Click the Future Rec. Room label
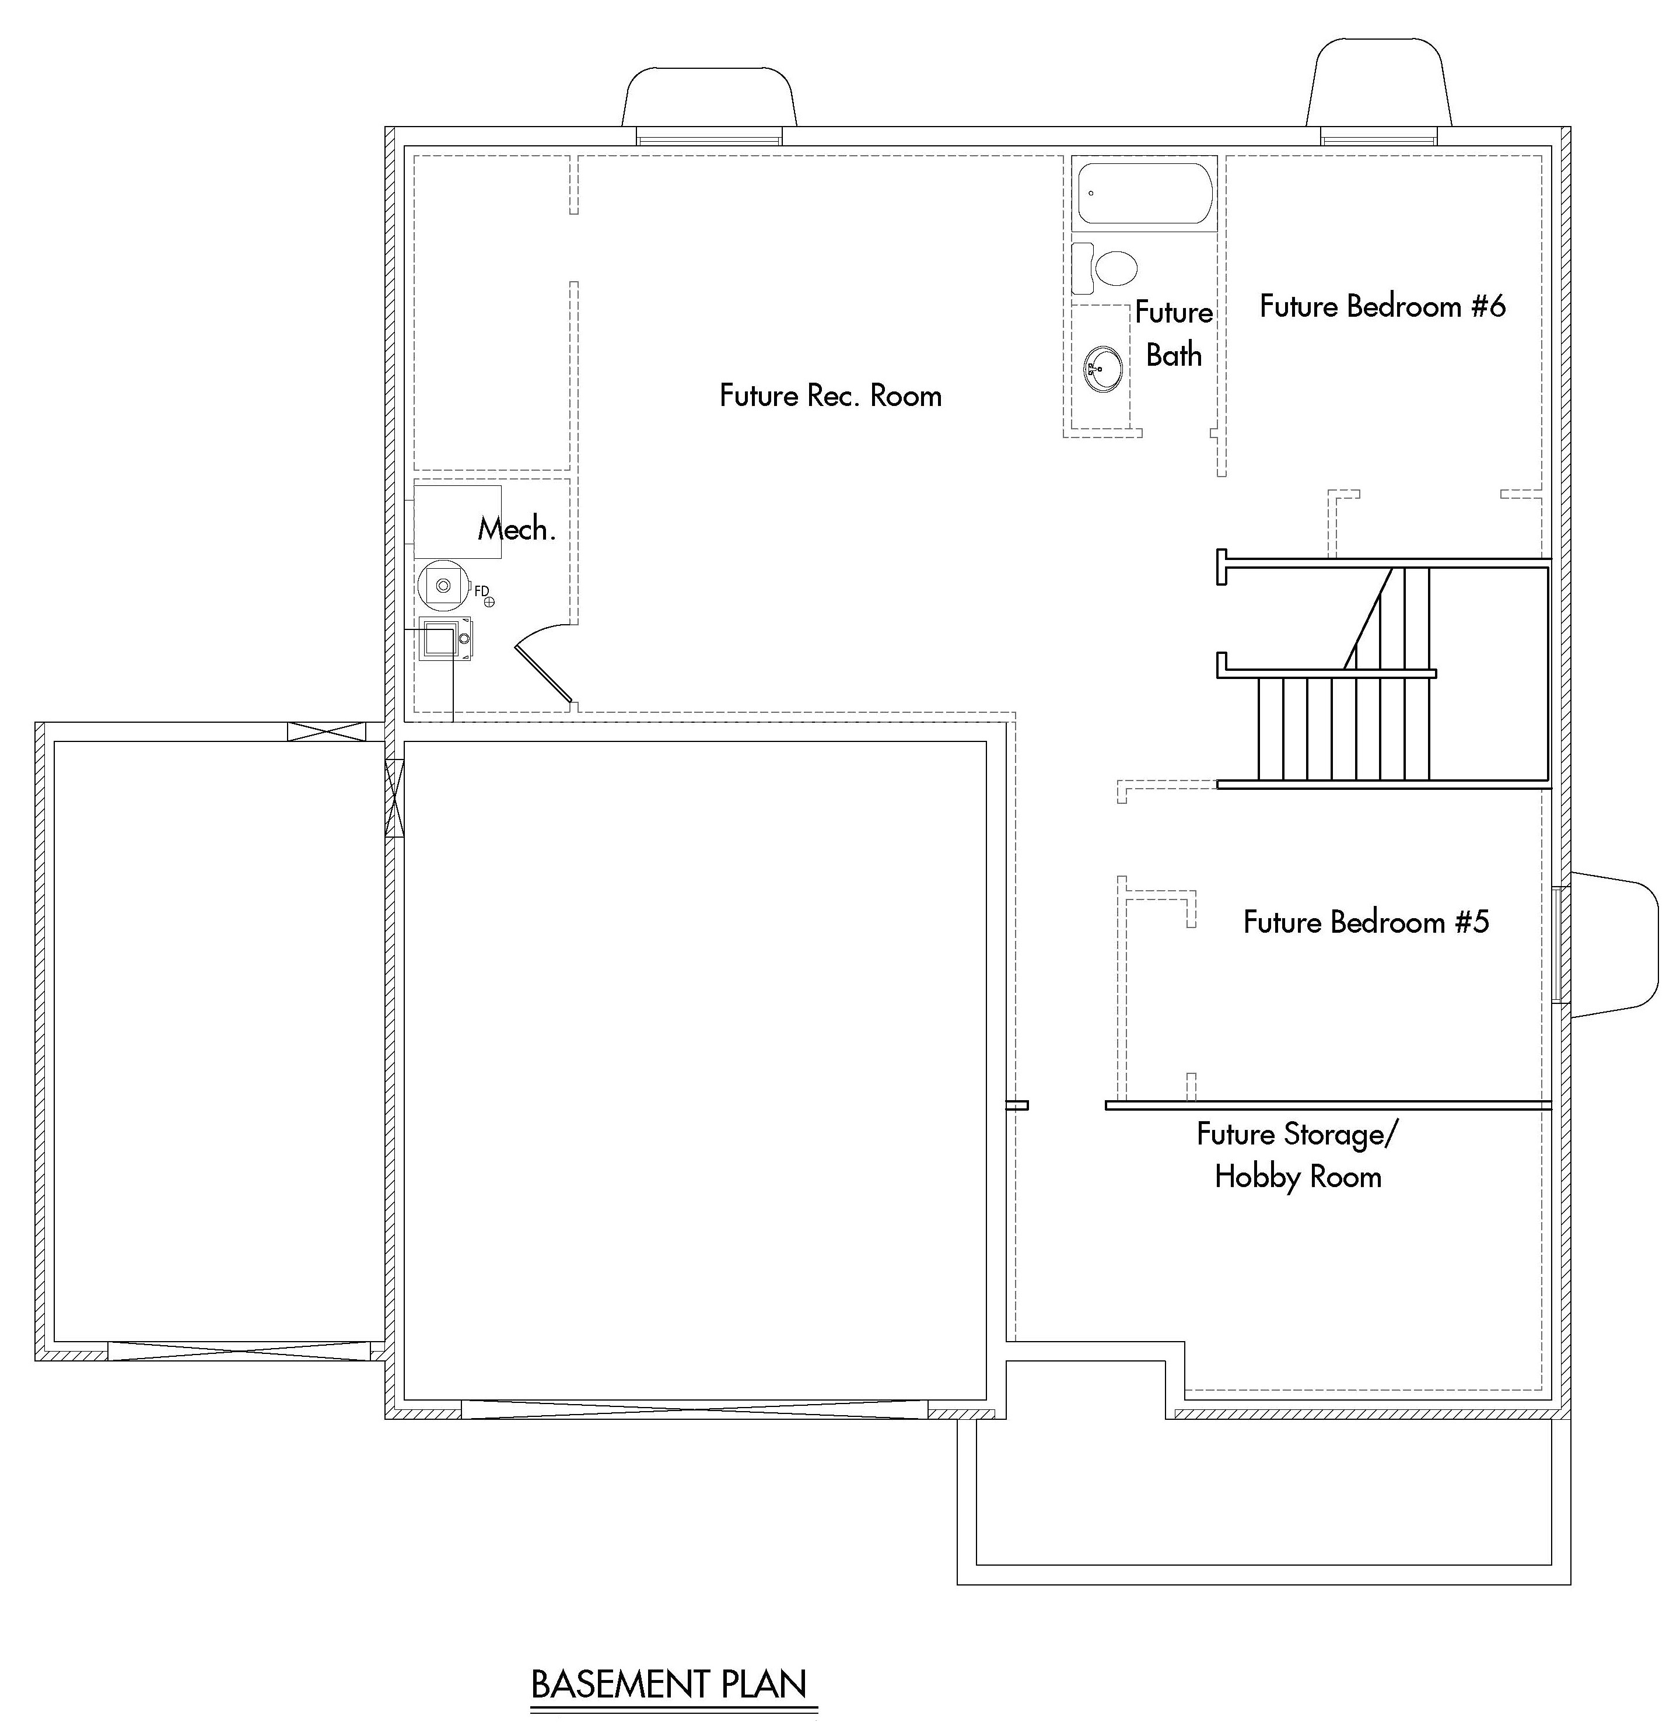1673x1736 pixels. [x=830, y=395]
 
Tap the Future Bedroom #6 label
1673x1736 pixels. [x=1381, y=306]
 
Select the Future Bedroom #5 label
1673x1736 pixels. [x=1366, y=922]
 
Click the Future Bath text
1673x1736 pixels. [x=1174, y=334]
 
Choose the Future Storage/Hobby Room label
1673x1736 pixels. [x=1297, y=1156]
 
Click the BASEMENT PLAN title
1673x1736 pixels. [x=668, y=1683]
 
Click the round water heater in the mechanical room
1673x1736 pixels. [x=443, y=584]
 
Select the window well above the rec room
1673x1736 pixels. [x=709, y=99]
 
